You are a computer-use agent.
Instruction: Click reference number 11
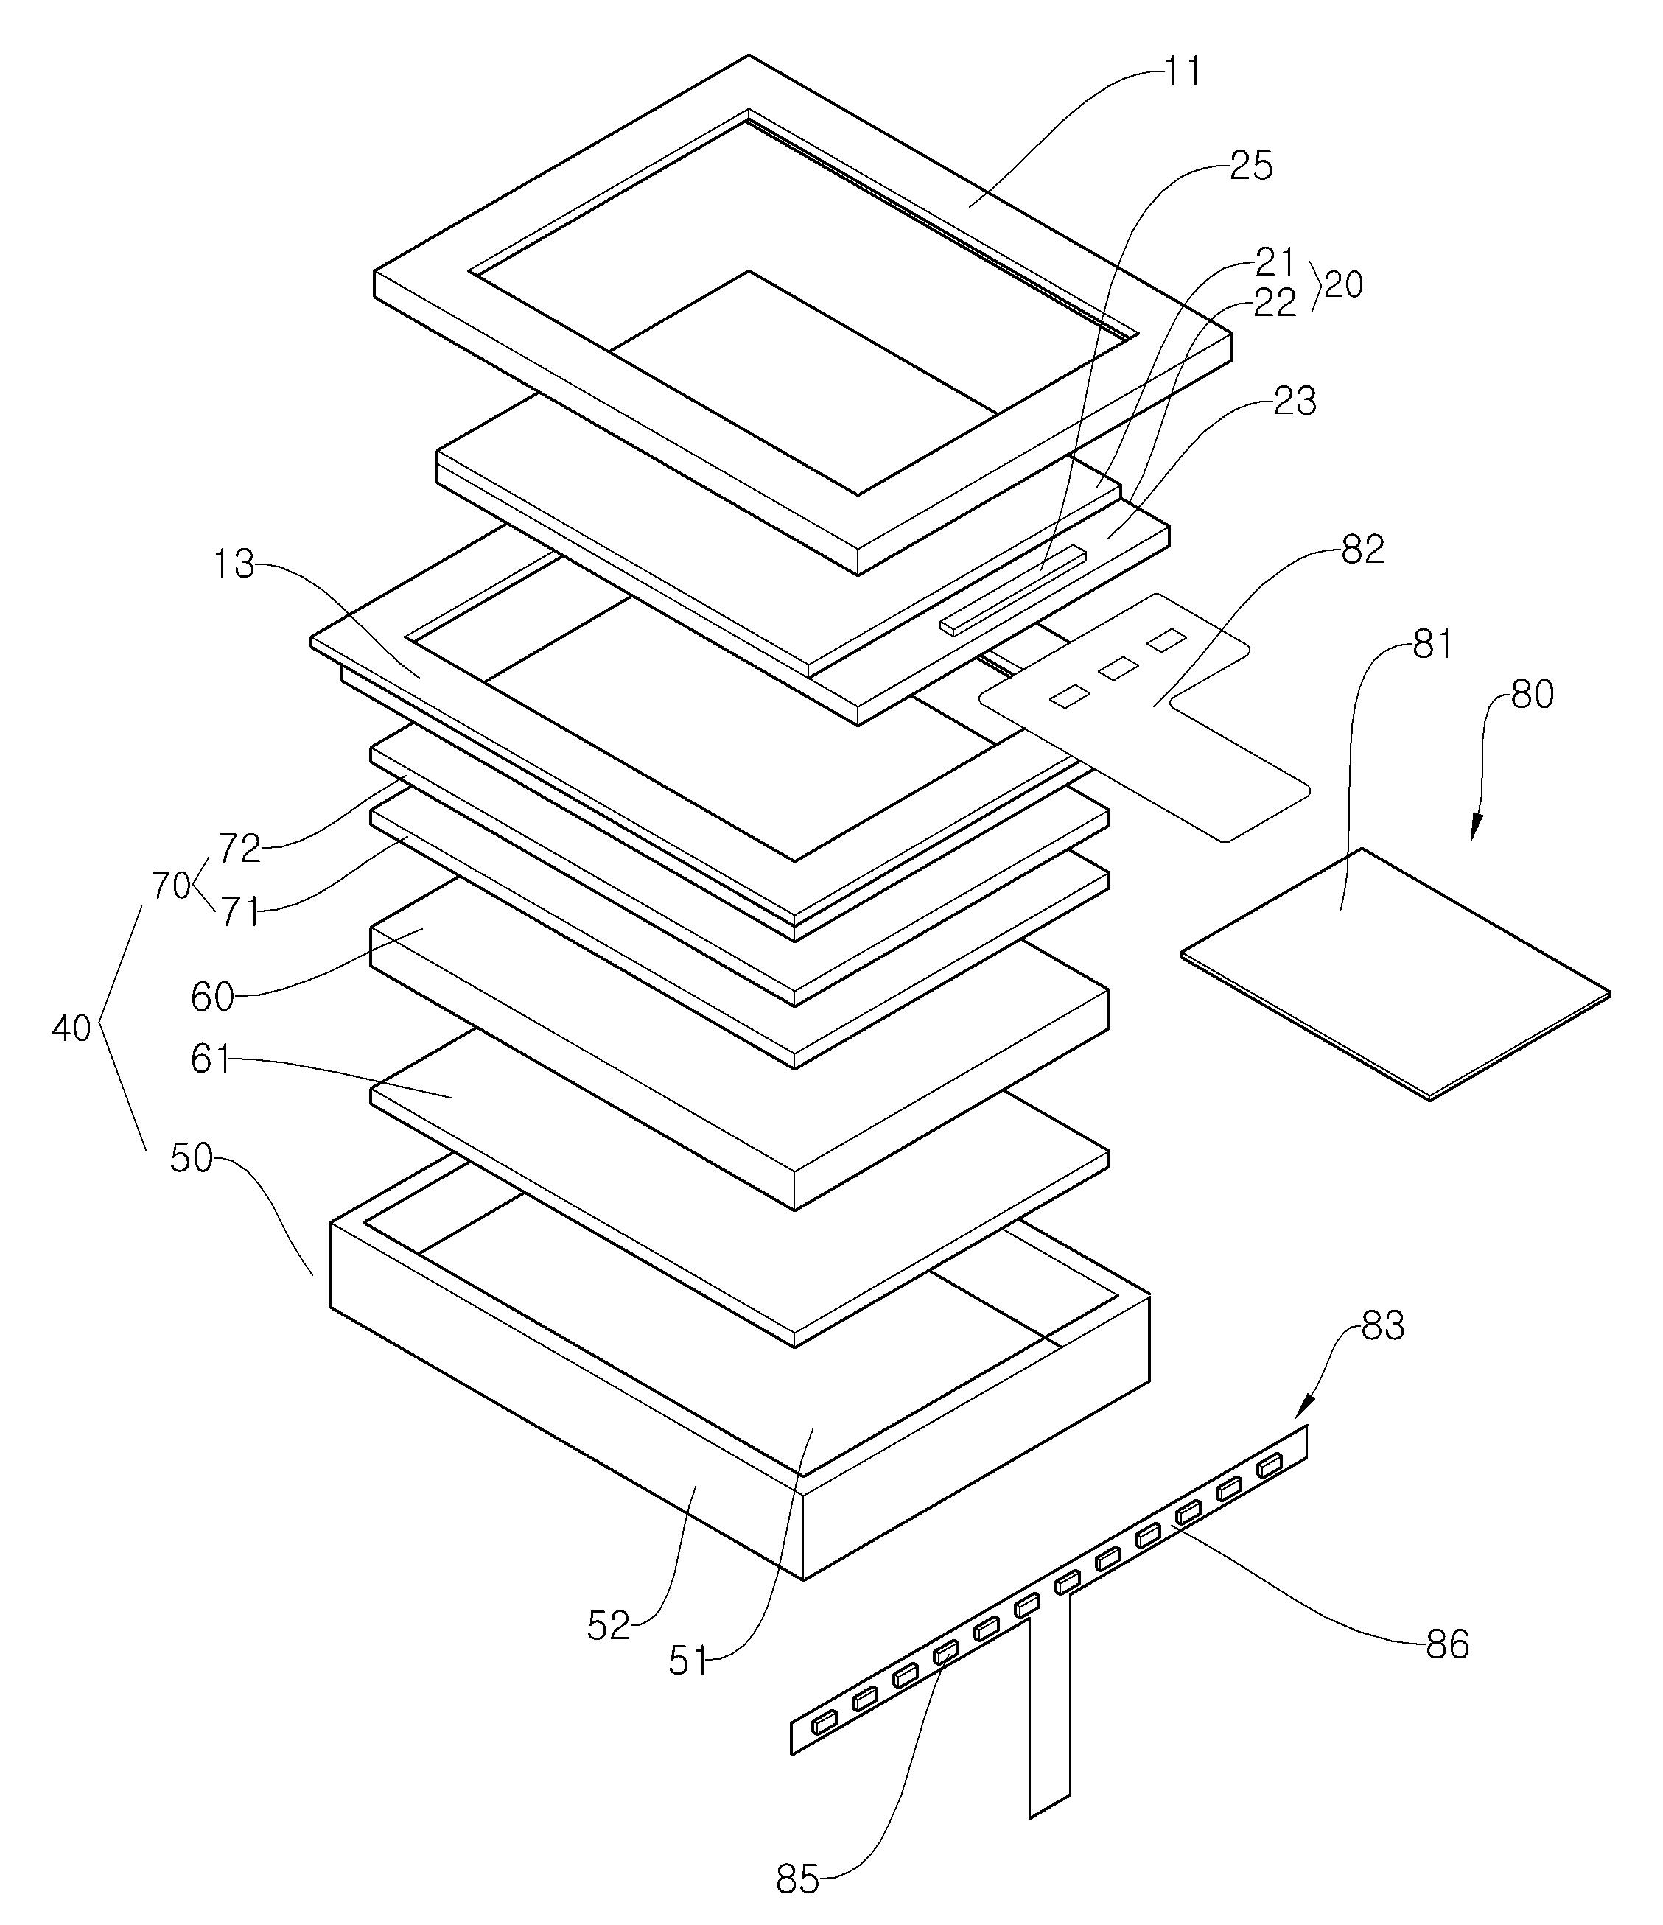(1183, 72)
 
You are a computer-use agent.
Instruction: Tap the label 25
(1250, 166)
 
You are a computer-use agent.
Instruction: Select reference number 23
(1294, 402)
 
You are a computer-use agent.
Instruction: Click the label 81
(1432, 645)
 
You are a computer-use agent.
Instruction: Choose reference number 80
(1532, 695)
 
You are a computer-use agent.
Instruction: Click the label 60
(211, 997)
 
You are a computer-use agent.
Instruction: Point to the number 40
(71, 1028)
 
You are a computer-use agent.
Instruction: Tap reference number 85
(797, 1880)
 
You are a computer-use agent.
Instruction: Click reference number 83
(1382, 1327)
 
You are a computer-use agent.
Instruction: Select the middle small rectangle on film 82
(1118, 667)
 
